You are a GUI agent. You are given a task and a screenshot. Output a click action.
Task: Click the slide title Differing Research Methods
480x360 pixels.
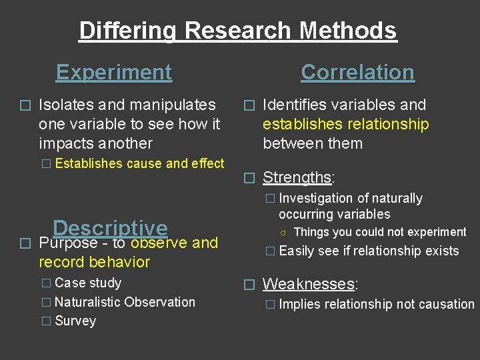(x=238, y=31)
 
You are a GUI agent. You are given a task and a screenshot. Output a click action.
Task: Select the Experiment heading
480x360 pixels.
(x=114, y=72)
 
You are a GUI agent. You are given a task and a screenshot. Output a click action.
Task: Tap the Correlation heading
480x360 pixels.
(x=357, y=72)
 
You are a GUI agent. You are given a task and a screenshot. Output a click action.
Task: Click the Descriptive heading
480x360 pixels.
(x=110, y=228)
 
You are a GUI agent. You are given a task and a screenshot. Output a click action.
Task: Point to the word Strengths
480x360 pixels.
(x=297, y=177)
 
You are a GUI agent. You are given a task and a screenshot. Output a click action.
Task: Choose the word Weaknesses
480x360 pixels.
(x=308, y=284)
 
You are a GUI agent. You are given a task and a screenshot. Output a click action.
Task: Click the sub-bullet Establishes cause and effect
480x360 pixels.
(x=139, y=163)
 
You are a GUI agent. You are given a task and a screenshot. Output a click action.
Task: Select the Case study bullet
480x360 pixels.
(x=88, y=283)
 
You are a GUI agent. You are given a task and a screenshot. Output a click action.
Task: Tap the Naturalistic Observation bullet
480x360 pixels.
(x=125, y=302)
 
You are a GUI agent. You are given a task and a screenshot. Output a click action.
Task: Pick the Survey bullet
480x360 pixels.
(x=75, y=321)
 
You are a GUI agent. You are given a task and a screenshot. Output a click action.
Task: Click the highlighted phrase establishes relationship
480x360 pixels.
(x=345, y=124)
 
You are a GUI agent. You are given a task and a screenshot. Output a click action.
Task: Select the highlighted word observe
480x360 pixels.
(x=159, y=243)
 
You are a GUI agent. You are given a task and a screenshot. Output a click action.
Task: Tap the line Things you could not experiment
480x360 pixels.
(x=379, y=232)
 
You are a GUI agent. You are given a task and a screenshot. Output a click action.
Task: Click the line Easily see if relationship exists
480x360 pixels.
(x=369, y=251)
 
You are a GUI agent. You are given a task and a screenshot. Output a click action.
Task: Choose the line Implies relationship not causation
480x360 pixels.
(x=377, y=305)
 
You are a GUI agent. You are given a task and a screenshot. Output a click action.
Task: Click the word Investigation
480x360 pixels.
(x=315, y=198)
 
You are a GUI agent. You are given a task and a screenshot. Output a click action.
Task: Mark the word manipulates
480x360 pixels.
(x=175, y=105)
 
